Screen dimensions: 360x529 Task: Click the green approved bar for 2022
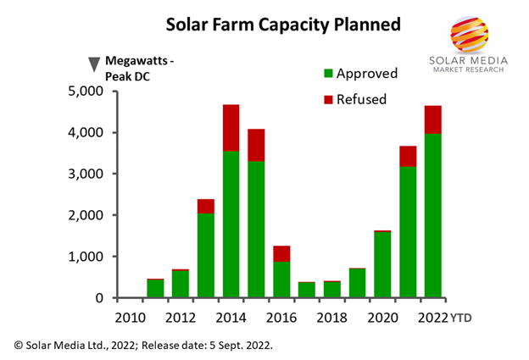click(432, 216)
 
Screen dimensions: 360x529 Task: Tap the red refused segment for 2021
click(407, 156)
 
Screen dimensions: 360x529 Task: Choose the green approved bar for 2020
click(381, 264)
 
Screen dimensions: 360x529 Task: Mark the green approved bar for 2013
click(205, 255)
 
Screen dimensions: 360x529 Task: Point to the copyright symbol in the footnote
click(19, 344)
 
